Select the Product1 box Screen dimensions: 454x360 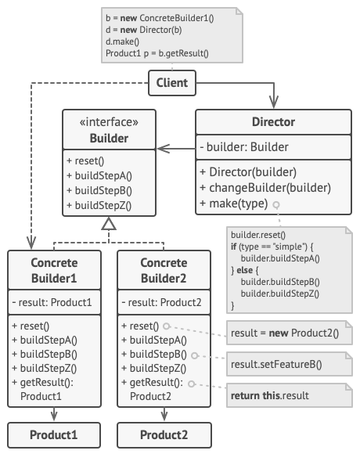54,435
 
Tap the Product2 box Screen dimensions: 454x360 164,435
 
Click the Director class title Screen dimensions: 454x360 273,122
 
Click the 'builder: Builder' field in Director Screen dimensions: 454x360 244,147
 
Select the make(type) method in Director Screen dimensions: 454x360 233,204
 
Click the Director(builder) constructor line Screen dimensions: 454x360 248,172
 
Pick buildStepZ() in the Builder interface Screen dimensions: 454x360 99,207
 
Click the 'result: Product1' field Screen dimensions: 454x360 51,303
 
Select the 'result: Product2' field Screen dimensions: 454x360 161,303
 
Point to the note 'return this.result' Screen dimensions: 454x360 270,396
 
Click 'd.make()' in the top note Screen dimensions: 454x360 121,42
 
